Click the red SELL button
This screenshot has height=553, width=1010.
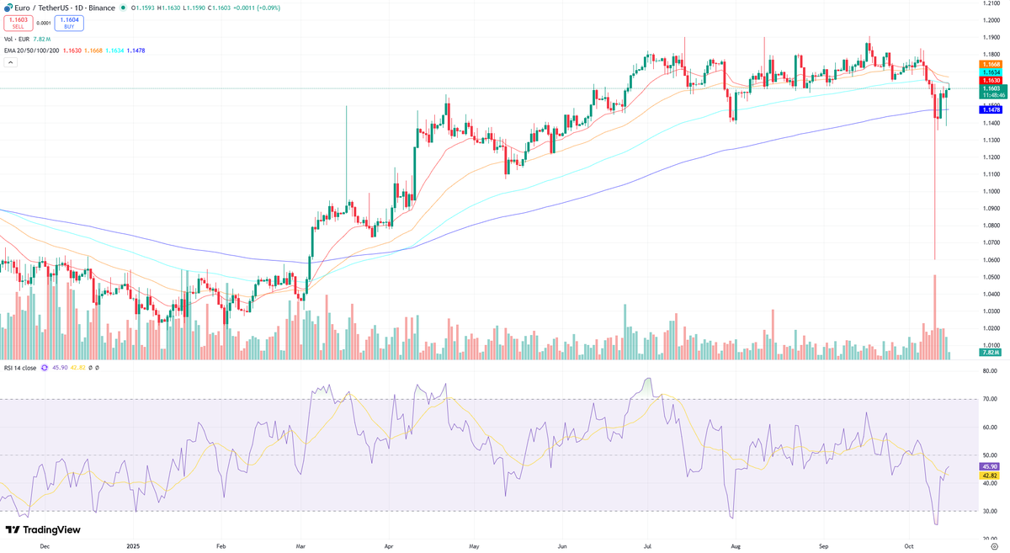pyautogui.click(x=18, y=24)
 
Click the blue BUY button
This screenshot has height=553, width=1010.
pyautogui.click(x=68, y=24)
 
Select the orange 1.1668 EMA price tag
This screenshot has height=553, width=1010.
pyautogui.click(x=991, y=65)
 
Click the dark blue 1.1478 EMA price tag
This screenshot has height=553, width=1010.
pyautogui.click(x=991, y=109)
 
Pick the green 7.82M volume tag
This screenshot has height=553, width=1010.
pyautogui.click(x=991, y=353)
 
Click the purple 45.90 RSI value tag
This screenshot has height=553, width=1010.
pyautogui.click(x=991, y=466)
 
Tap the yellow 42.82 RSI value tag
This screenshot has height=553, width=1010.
pyautogui.click(x=991, y=476)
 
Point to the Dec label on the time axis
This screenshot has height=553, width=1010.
pyautogui.click(x=45, y=545)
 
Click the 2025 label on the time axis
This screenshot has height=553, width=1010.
pyautogui.click(x=133, y=545)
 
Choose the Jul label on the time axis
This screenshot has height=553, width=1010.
pyautogui.click(x=648, y=545)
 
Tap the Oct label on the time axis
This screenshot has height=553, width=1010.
pyautogui.click(x=909, y=545)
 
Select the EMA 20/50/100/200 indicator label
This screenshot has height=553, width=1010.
pyautogui.click(x=32, y=51)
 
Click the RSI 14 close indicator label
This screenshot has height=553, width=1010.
pyautogui.click(x=20, y=368)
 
